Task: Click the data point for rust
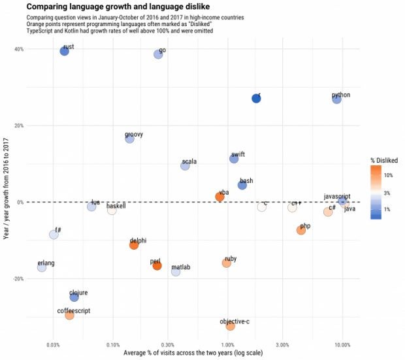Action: point(64,52)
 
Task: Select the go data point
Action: point(158,54)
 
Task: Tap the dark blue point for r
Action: point(256,98)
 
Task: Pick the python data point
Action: point(336,99)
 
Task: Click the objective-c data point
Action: point(230,325)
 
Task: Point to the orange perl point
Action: point(157,266)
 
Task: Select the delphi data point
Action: point(134,245)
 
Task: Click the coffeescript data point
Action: point(69,315)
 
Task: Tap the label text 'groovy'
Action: point(134,135)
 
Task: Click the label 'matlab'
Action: point(181,267)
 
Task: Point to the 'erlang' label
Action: point(46,263)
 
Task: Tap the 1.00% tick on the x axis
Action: point(227,344)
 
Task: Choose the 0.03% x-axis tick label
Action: point(54,344)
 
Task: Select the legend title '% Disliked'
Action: point(384,160)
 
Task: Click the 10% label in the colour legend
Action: point(388,175)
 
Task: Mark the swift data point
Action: point(234,159)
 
